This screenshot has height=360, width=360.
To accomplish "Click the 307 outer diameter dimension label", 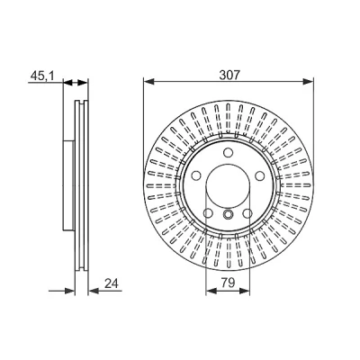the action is [x=229, y=75].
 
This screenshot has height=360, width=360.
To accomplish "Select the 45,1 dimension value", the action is [x=42, y=76].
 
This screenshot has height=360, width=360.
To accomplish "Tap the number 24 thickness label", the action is [x=112, y=283].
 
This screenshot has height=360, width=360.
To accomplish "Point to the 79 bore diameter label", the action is [x=228, y=283].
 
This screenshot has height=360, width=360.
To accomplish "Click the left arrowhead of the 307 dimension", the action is [x=148, y=81].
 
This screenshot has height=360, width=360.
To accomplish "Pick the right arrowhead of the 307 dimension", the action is [x=308, y=81].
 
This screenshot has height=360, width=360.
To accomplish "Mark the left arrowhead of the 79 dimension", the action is [x=211, y=291].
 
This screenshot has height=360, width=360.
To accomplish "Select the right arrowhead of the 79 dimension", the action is [x=245, y=291].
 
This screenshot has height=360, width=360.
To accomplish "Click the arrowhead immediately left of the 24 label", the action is [x=94, y=291].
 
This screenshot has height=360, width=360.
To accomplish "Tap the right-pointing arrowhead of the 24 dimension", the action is [x=69, y=291].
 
